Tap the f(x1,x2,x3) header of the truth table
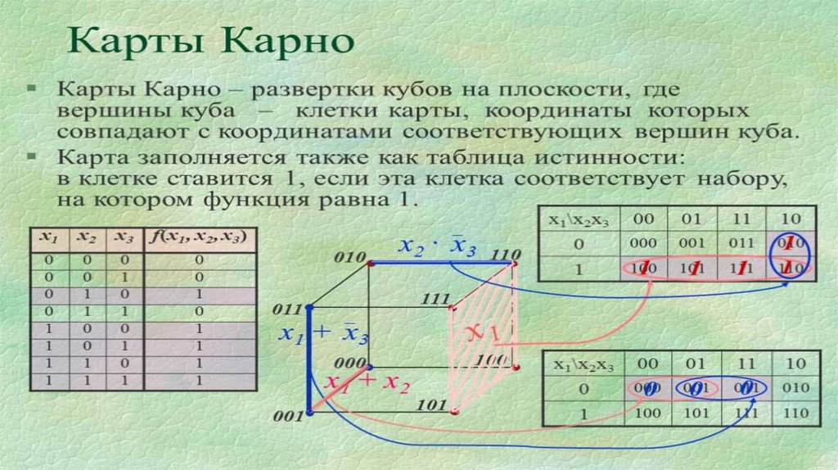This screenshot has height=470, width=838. [200, 237]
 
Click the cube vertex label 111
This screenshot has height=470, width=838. [437, 301]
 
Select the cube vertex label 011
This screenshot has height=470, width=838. [287, 311]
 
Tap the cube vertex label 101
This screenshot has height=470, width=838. [430, 404]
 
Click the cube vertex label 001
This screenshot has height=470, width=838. [288, 417]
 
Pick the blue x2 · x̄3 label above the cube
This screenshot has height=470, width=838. [437, 247]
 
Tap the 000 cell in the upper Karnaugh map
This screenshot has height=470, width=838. [646, 243]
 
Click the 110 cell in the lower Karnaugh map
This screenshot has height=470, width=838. [794, 414]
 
